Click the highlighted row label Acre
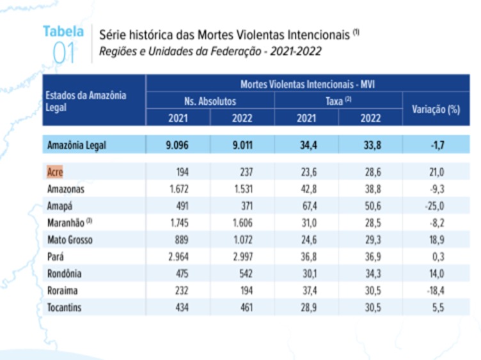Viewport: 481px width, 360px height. coord(56,172)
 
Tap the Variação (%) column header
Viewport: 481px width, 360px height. coord(436,109)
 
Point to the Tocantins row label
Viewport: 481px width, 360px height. coord(67,308)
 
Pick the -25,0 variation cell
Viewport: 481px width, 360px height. coord(436,206)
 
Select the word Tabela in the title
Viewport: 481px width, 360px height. coord(63,31)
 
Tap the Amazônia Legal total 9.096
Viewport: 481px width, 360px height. coord(178,145)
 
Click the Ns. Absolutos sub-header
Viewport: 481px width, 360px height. coord(210,101)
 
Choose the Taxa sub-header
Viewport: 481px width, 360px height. coord(337,101)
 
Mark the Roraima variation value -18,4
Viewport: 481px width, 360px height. coord(436,291)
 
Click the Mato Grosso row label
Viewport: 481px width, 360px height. coord(70,240)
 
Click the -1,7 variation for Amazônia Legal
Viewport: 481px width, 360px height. coord(436,145)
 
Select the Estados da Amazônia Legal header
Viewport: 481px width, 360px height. coord(86,101)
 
